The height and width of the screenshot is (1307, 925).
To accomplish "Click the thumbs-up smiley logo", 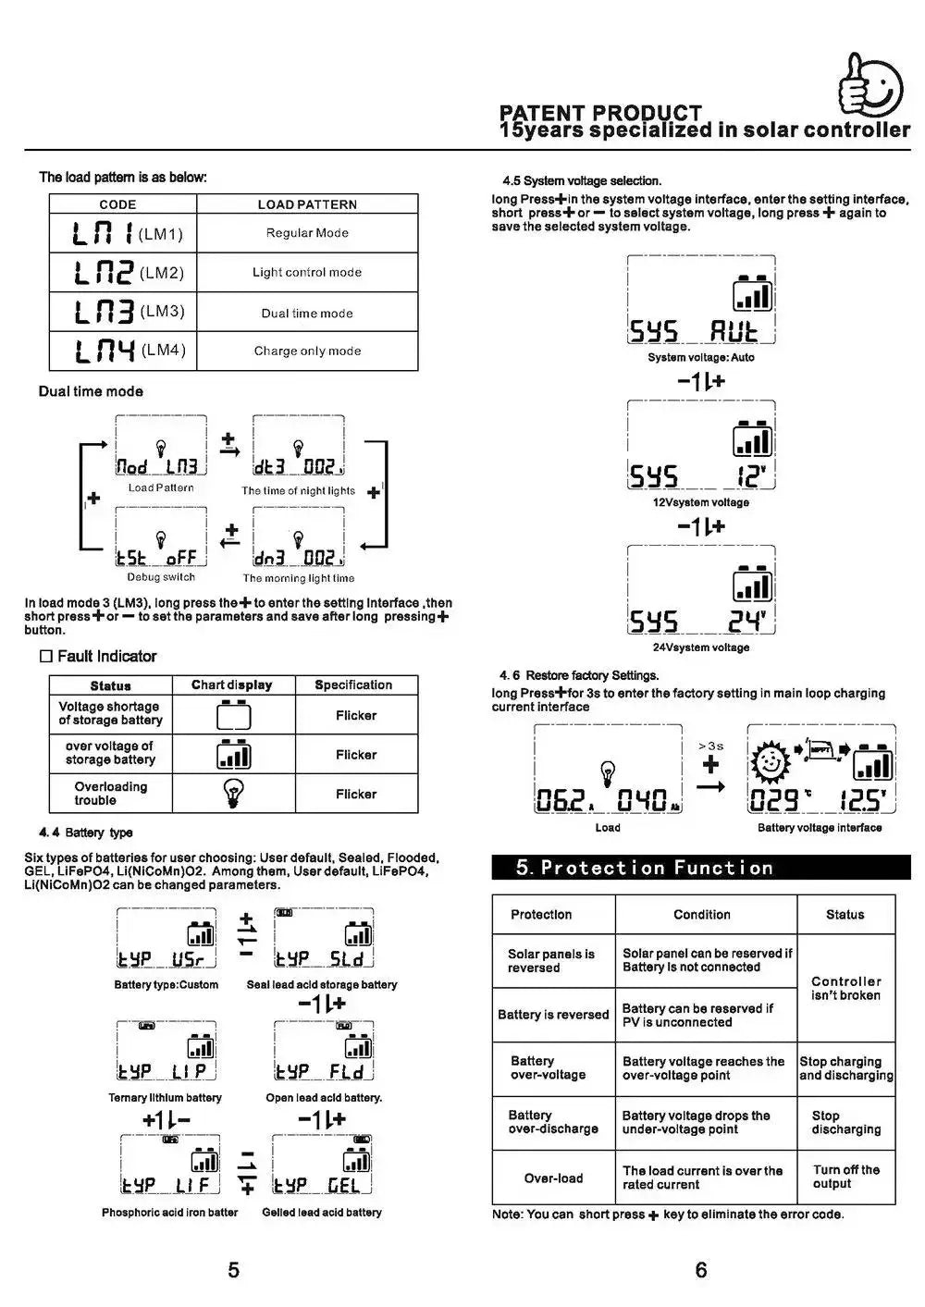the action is coord(869,85).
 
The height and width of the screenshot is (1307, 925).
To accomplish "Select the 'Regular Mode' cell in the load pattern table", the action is coord(307,233).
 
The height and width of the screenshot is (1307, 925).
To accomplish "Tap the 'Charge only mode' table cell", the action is coord(307,351).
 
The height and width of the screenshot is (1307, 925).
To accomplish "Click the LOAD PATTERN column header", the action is coord(307,204).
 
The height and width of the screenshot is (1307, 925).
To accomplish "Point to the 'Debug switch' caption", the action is coord(161,577).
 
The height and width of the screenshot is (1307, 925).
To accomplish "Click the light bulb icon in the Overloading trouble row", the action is coord(233,794).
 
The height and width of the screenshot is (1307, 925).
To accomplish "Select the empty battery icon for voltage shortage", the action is coord(233,715).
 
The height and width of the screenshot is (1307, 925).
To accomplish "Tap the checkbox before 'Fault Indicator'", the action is coord(45,657).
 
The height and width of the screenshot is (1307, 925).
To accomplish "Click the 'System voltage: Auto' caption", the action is coord(701,357).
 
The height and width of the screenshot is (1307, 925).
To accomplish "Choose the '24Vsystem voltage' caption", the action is coord(701,647).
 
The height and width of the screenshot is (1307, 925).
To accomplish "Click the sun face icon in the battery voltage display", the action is coord(770,762).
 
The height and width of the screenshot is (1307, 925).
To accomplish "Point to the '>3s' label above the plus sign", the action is coord(710,746).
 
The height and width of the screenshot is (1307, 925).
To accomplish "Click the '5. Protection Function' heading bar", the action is coord(701,867).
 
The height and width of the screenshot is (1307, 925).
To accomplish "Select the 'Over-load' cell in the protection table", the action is coord(553,1178).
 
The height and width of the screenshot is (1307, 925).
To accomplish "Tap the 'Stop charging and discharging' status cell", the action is coord(846,1068).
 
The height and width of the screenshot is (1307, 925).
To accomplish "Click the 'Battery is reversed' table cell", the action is coord(553,1015).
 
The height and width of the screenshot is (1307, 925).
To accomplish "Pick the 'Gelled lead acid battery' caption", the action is coord(322,1212).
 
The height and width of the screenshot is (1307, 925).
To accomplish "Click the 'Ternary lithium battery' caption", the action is coord(166,1098).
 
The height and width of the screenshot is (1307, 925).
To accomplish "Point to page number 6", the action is coord(701,1270).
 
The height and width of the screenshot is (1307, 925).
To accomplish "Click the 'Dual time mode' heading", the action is coord(91,391).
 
